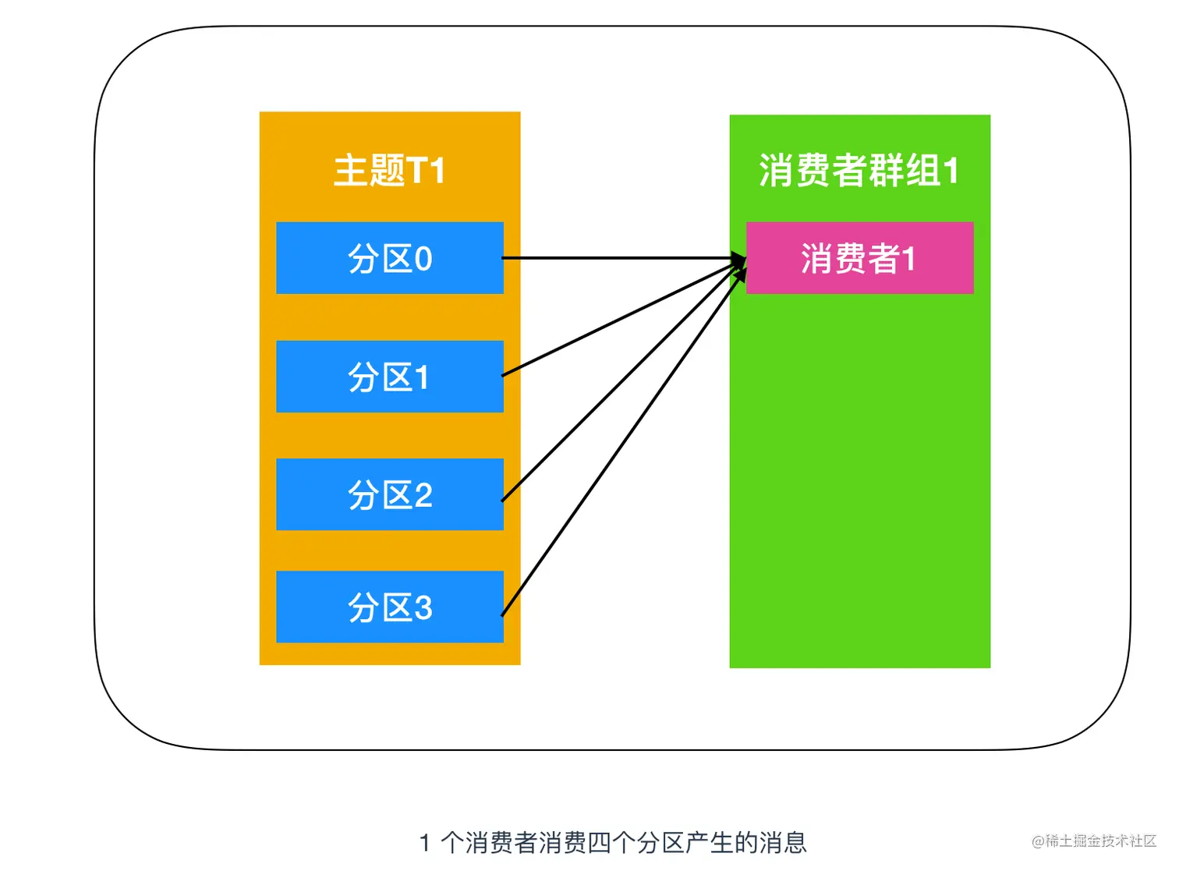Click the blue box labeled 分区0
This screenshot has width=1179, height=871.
(x=390, y=258)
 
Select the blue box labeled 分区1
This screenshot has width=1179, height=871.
(x=390, y=377)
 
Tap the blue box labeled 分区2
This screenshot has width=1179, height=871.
(x=390, y=494)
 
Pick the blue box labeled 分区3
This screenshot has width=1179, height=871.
(x=390, y=607)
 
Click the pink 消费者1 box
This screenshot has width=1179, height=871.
(x=859, y=258)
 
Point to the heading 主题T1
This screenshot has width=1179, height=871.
(x=389, y=170)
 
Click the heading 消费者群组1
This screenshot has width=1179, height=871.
(x=859, y=170)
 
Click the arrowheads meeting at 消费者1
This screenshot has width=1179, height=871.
(x=738, y=263)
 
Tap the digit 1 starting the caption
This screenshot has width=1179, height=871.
(x=425, y=843)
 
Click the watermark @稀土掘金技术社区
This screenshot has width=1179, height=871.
(x=1093, y=841)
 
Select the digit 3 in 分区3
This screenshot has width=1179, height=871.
(x=423, y=607)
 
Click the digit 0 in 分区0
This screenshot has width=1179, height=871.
(x=423, y=259)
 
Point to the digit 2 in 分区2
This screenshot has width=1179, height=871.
(x=423, y=495)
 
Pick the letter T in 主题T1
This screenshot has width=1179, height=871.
(x=416, y=170)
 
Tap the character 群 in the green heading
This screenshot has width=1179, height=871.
(x=887, y=170)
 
